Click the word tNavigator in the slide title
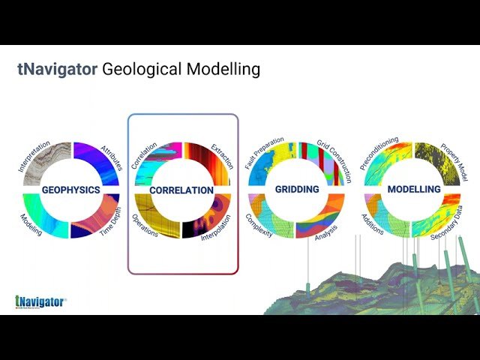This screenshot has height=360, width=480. [57, 70]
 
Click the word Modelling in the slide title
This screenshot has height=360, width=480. [222, 70]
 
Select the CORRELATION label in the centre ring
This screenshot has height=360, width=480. [181, 190]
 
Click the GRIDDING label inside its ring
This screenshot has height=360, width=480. [296, 190]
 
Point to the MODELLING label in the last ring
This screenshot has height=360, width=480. [413, 190]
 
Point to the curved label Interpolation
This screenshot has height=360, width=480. [219, 228]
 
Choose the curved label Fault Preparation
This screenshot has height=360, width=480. [262, 152]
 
